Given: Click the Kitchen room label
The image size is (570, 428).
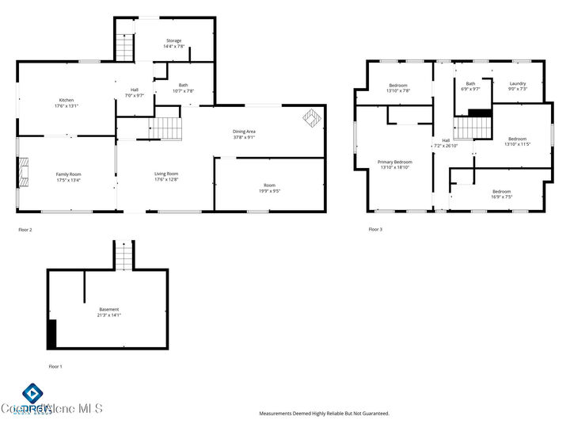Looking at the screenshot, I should (x=66, y=100).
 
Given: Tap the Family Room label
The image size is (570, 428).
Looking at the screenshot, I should (x=68, y=174).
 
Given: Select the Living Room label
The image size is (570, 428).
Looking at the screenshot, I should (x=166, y=174).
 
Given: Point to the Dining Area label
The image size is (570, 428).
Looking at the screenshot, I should (x=244, y=132).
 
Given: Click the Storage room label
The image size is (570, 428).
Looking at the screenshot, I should (x=173, y=40).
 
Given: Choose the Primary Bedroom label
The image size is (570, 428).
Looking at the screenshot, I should (x=395, y=162).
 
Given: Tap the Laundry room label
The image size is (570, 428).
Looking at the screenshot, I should (x=518, y=83).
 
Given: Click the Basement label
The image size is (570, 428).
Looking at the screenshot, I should (x=109, y=309).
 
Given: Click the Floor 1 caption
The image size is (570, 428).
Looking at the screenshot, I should (x=55, y=366).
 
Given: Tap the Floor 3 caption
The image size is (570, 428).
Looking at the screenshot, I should (x=375, y=229).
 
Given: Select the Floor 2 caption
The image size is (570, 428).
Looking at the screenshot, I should (x=26, y=229).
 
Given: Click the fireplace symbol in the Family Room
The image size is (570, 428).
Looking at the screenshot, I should (x=25, y=171).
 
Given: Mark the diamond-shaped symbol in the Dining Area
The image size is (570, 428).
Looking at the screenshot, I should (x=311, y=118).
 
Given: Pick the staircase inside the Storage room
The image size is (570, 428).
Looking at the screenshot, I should (x=124, y=47).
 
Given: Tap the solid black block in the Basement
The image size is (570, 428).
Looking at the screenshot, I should (x=52, y=334).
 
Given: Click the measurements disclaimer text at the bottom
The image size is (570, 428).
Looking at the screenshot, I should (x=325, y=413).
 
